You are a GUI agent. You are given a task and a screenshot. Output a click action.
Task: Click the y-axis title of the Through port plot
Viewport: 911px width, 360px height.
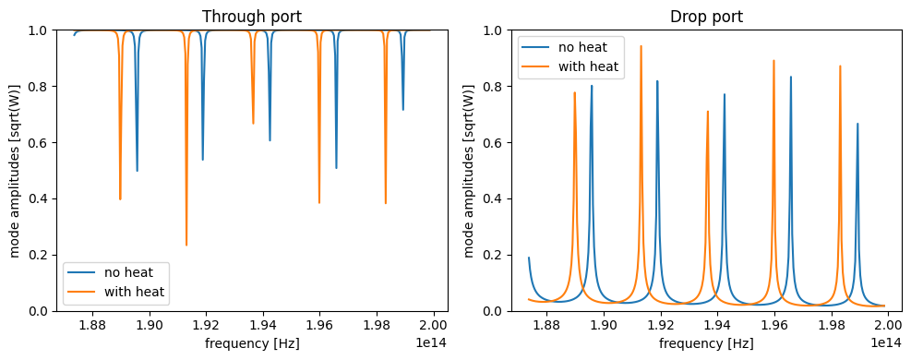pyautogui.click(x=16, y=171)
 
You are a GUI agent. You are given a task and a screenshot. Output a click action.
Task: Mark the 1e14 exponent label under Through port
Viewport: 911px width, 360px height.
pyautogui.click(x=431, y=342)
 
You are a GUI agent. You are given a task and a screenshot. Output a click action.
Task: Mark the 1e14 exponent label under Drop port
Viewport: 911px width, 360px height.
pyautogui.click(x=885, y=342)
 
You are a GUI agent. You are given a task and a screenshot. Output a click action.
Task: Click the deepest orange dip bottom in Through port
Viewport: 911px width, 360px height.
pyautogui.click(x=186, y=245)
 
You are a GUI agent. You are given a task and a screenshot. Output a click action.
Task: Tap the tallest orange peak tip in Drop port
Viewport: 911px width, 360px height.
pyautogui.click(x=641, y=46)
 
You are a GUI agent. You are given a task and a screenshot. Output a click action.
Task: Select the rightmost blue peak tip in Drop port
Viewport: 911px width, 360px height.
pyautogui.click(x=857, y=124)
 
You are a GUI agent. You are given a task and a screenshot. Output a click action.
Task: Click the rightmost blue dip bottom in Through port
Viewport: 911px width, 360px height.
pyautogui.click(x=402, y=110)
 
